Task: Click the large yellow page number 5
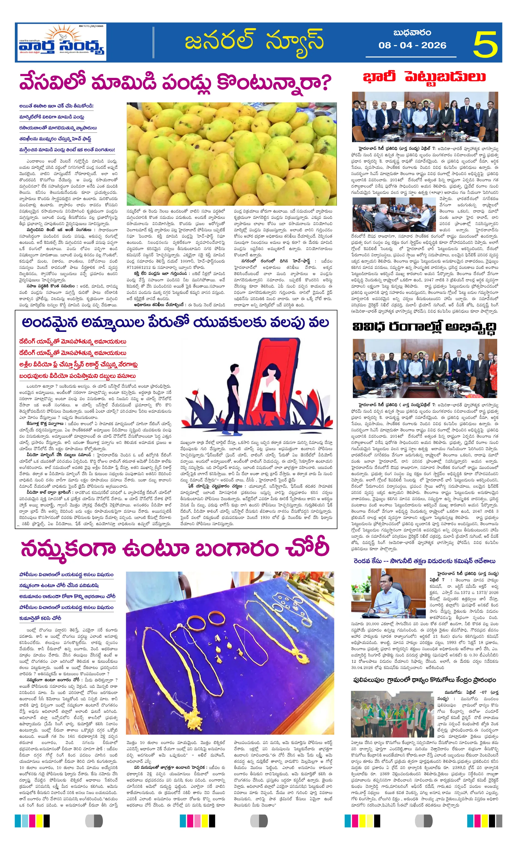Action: point(485,44)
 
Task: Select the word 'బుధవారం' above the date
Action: point(412,33)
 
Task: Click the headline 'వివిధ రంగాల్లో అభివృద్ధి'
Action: point(424,327)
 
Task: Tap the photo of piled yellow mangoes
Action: point(232,154)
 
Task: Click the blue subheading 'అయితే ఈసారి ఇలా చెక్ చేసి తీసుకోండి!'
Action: point(56,106)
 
